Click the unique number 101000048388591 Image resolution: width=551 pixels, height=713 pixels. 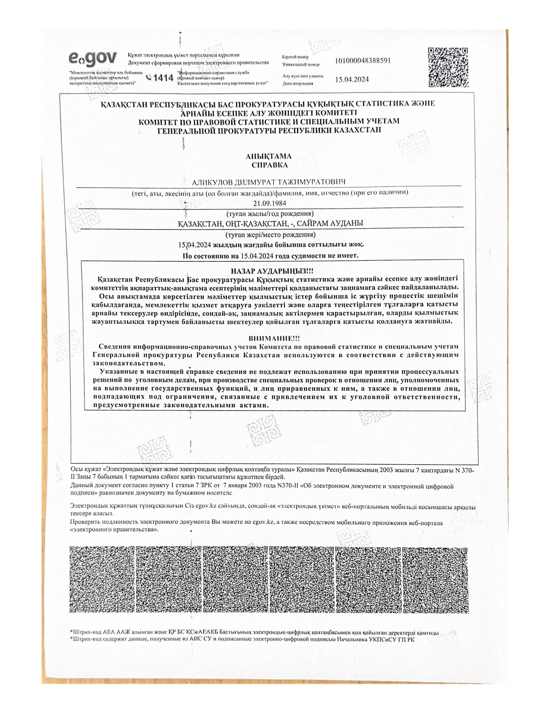coord(363,60)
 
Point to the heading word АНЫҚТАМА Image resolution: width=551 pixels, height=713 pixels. coord(269,157)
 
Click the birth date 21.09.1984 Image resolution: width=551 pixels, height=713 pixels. coord(270,203)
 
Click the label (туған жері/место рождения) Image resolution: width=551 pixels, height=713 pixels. coord(270,235)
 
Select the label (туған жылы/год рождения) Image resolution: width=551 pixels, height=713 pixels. coord(270,214)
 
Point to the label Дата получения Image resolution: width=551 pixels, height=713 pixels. coord(298,84)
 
